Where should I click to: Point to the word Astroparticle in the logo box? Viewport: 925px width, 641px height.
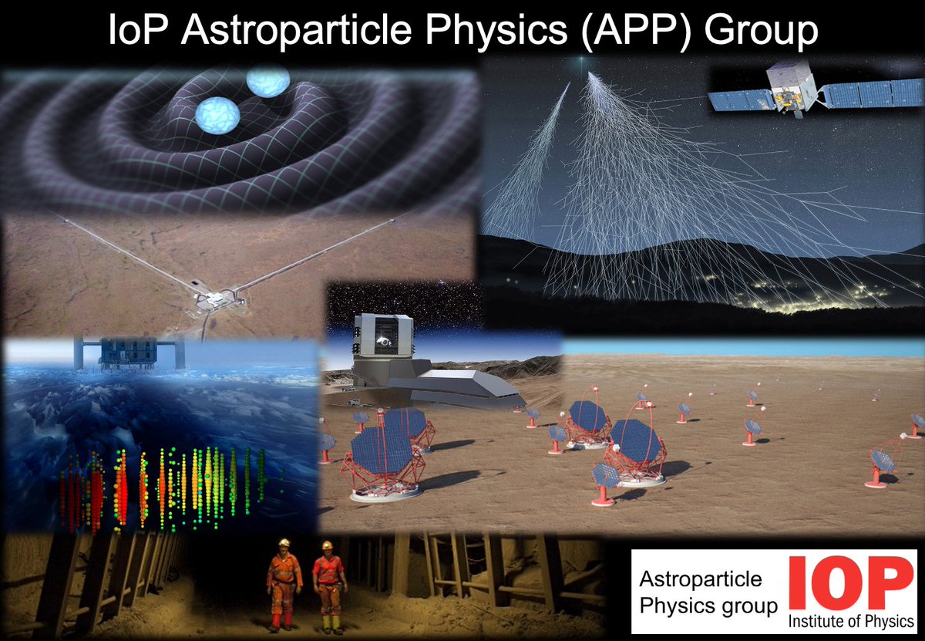coord(701,579)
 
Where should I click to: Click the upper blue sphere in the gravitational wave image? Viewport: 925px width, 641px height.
coord(268,79)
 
